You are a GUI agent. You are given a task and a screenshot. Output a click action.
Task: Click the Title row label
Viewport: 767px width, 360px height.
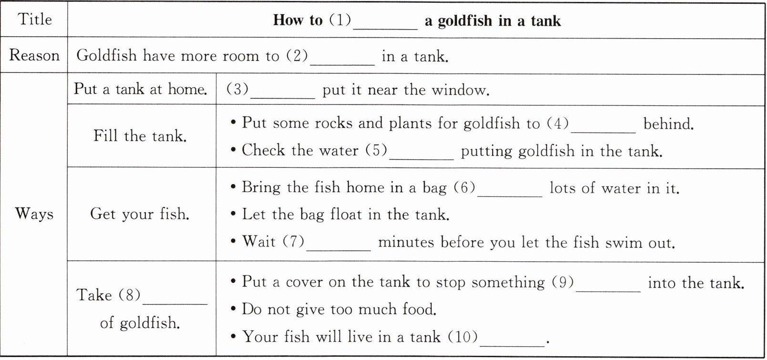click(x=35, y=19)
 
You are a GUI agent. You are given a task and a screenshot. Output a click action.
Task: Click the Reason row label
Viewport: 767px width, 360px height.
click(x=34, y=55)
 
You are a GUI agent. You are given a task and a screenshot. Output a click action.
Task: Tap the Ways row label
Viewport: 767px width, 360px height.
click(x=34, y=214)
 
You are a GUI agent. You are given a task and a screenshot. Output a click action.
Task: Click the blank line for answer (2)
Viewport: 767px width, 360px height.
click(x=342, y=64)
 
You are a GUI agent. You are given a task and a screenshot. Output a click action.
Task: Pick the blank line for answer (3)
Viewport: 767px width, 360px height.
click(x=283, y=98)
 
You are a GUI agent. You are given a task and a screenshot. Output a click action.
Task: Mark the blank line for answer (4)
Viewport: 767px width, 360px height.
click(x=603, y=132)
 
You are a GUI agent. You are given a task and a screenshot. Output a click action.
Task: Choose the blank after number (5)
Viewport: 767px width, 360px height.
click(x=422, y=159)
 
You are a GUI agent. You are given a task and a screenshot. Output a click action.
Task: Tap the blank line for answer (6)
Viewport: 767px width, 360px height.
click(x=510, y=196)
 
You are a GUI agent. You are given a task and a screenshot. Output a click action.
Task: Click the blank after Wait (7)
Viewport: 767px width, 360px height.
click(x=339, y=250)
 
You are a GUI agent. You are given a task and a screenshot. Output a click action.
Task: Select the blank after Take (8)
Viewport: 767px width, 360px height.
click(x=175, y=304)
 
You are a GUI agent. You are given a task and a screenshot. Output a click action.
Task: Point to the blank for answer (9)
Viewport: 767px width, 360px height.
click(x=608, y=291)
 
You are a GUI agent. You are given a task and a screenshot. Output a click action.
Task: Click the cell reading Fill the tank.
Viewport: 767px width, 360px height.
click(x=140, y=136)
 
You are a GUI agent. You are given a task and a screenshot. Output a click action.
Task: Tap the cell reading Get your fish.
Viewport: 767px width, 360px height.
click(x=140, y=214)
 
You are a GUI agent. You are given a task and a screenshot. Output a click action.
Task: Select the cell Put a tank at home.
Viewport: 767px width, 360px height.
click(x=140, y=89)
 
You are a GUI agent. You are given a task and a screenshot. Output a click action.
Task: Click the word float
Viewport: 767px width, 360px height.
click(x=346, y=214)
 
